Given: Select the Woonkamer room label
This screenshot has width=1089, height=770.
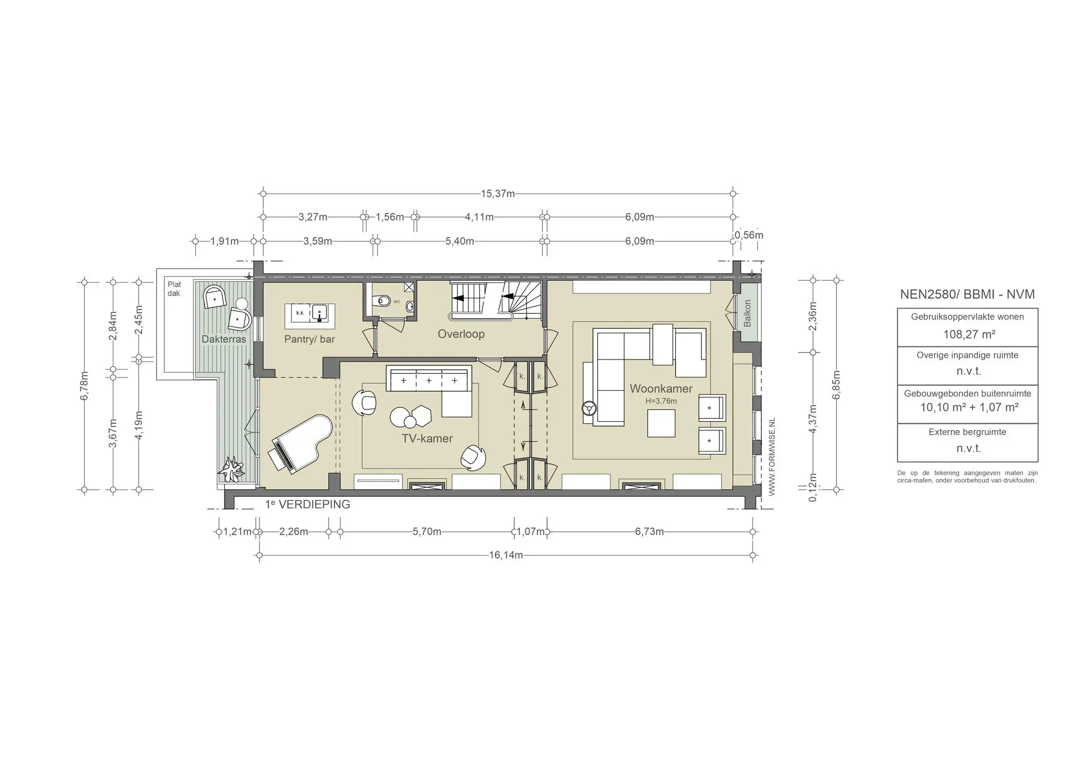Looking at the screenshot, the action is (x=661, y=389).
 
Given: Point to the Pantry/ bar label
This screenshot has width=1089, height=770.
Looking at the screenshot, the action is (x=309, y=339).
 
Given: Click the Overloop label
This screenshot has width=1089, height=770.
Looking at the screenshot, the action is (x=461, y=334).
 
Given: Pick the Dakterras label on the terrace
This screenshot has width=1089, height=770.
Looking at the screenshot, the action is (x=224, y=339).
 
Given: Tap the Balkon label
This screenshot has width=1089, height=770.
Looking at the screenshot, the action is (x=747, y=313).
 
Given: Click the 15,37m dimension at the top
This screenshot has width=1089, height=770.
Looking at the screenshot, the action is (x=498, y=194).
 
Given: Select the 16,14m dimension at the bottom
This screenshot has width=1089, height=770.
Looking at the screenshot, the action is (x=506, y=555).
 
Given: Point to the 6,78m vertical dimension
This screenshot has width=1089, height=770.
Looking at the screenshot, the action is (x=84, y=386).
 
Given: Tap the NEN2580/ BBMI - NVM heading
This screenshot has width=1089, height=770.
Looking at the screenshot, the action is (x=967, y=294).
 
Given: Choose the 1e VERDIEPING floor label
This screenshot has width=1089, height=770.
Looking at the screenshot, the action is (x=308, y=505).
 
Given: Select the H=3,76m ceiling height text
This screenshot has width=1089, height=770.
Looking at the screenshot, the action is (x=661, y=401).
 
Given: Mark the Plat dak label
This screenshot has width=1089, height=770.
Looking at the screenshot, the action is (x=174, y=289).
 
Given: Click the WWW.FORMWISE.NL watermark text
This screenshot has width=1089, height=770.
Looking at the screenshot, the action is (x=772, y=457).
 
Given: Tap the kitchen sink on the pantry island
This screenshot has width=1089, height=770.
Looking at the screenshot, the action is (x=320, y=313).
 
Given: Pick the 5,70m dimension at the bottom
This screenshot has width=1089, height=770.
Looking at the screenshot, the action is (x=427, y=532).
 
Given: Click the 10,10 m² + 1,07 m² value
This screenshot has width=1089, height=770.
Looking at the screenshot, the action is (x=969, y=408).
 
